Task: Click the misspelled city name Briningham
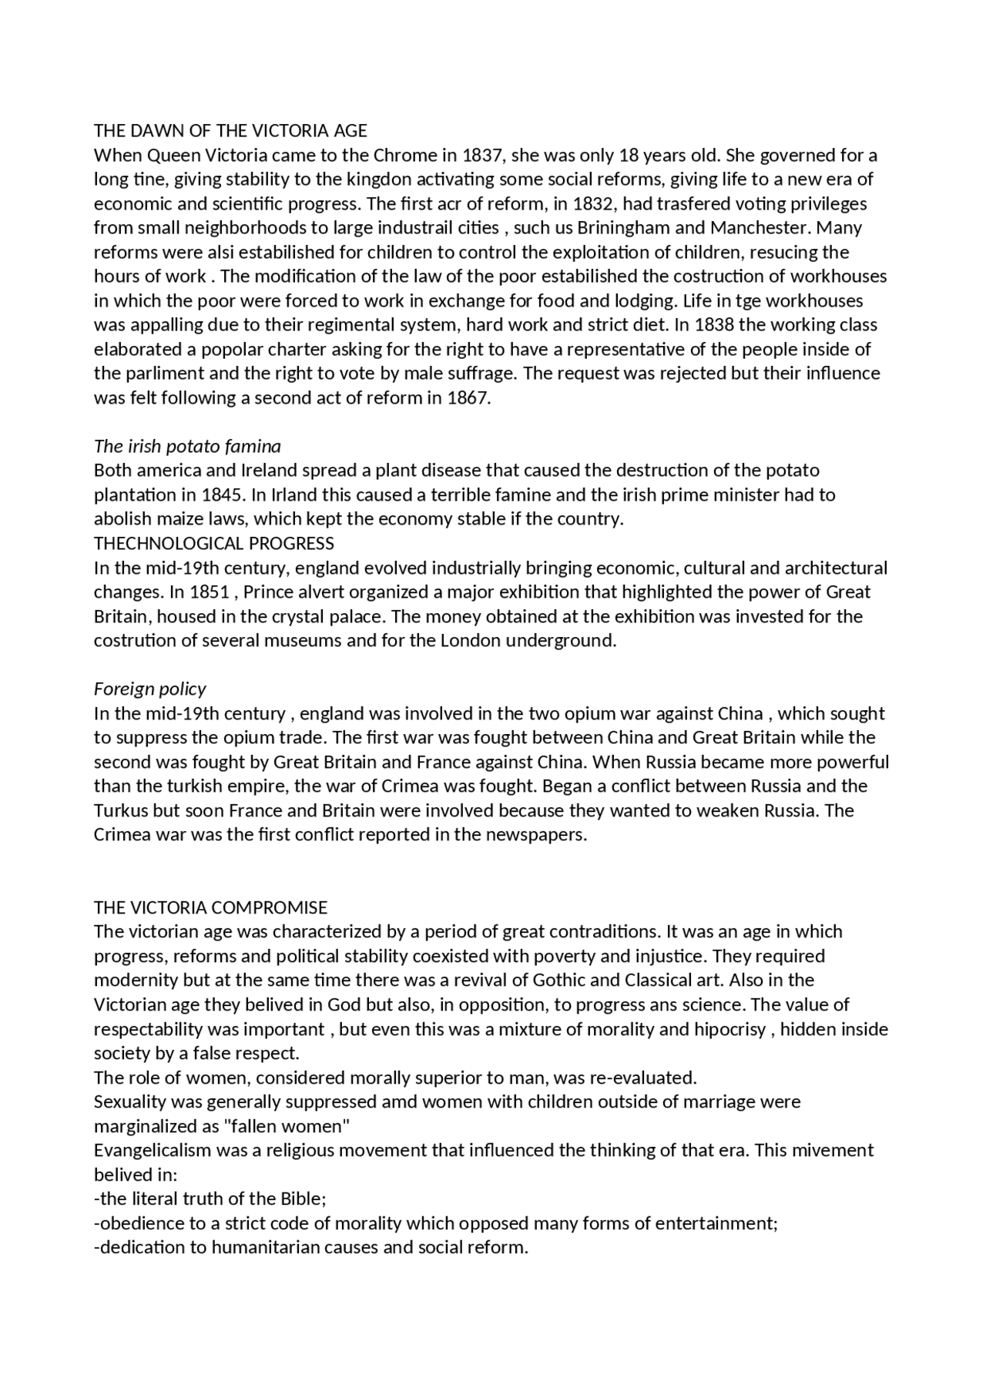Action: (622, 228)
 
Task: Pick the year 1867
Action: (468, 398)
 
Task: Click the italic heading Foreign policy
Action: (150, 689)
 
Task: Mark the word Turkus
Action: (122, 810)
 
